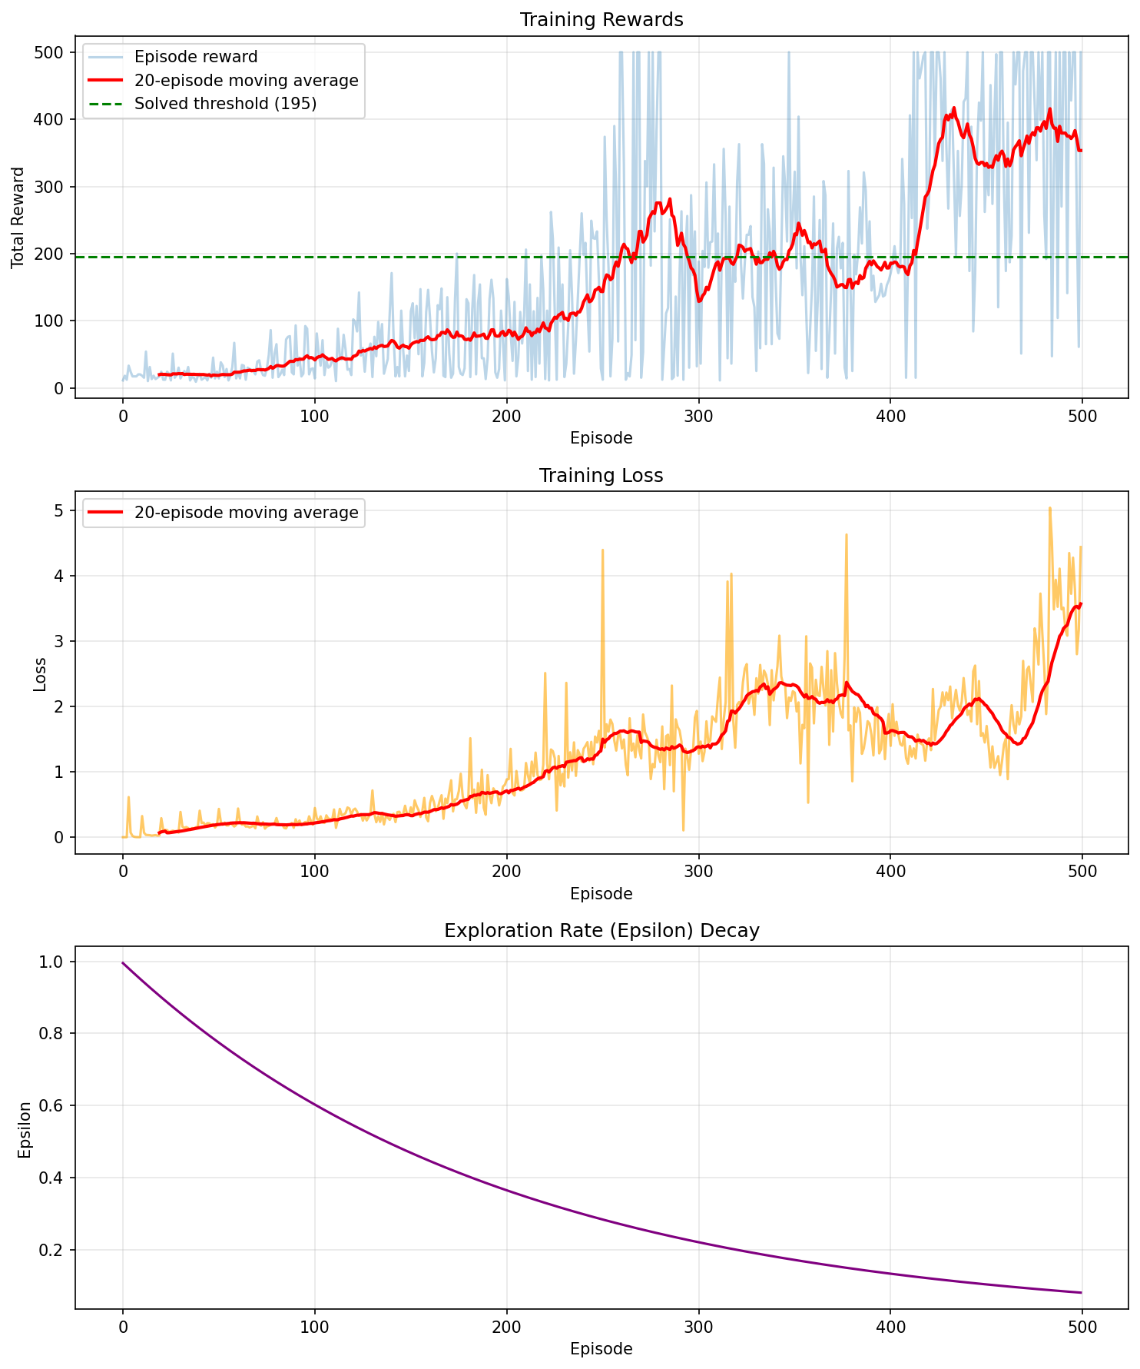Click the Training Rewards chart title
click(x=601, y=20)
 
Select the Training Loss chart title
click(x=601, y=476)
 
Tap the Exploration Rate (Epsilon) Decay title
click(x=601, y=931)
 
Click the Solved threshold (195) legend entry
click(x=225, y=104)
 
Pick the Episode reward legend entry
click(x=195, y=57)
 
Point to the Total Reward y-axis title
click(x=18, y=218)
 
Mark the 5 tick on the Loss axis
click(x=59, y=510)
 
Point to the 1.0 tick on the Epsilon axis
click(x=54, y=962)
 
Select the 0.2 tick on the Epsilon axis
click(x=54, y=1251)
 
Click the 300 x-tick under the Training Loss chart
click(x=698, y=873)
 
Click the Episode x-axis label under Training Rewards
click(x=601, y=439)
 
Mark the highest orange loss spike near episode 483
click(x=1049, y=507)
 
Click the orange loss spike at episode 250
click(x=602, y=550)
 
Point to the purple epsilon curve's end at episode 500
click(x=1081, y=1292)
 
